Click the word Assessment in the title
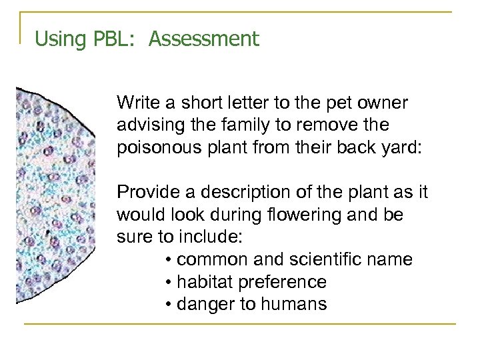point(203,39)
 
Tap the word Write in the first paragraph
point(135,103)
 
